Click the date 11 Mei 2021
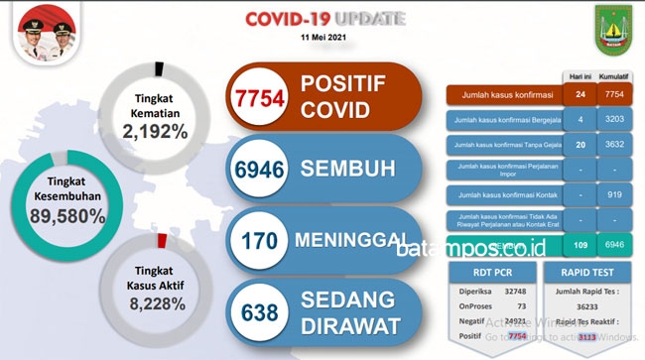click(x=325, y=37)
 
